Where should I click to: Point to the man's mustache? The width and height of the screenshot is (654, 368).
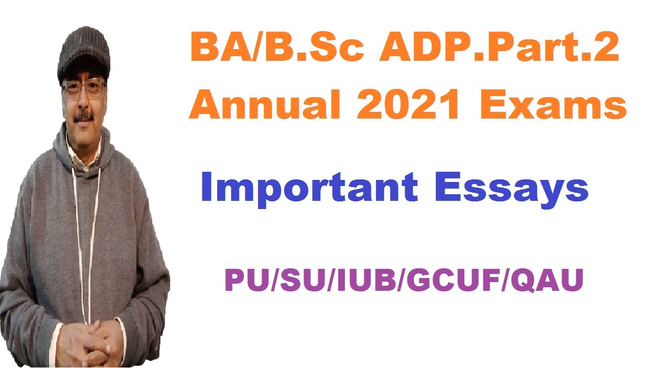click(84, 117)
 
